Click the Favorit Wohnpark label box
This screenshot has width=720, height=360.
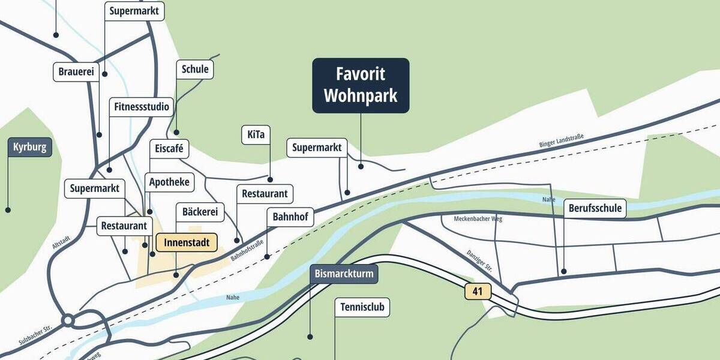pos(361,85)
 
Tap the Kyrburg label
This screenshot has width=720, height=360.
pos(30,147)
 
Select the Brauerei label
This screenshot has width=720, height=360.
pos(76,72)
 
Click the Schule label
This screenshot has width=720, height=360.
pos(195,69)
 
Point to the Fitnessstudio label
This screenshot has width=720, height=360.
pos(142,107)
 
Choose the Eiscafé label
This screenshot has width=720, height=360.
pos(169,148)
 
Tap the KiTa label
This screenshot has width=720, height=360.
pos(256,134)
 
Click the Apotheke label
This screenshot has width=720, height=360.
pos(169,182)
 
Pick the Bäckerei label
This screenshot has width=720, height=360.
pos(200,212)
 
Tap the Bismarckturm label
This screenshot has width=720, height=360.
pos(344,275)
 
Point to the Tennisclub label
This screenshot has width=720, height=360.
pos(362,308)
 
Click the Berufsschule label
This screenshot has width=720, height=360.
pos(595,208)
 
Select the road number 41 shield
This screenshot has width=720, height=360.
pos(478,292)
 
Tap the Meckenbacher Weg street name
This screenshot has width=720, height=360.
pos(478,219)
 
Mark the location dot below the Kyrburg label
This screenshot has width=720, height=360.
pos(8,210)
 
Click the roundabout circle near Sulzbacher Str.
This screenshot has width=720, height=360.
pos(68,320)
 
